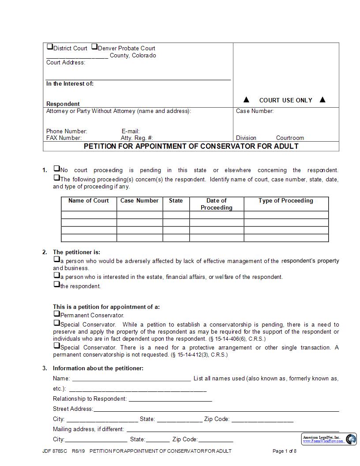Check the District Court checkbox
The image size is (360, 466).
coord(49,47)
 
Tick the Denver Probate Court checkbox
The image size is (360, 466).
coord(94,47)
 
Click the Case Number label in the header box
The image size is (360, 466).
coord(255,111)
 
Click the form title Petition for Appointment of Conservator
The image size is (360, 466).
coord(191,146)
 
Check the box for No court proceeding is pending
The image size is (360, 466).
coord(56,169)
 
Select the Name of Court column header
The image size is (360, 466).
coord(89,201)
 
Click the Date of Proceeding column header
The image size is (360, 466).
coord(216,204)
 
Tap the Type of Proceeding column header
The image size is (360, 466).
coord(285,201)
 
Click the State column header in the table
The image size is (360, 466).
coord(176,201)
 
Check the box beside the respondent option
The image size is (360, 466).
coord(56,285)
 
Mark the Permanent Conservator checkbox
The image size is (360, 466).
coord(56,314)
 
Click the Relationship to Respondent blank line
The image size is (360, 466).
coord(170,399)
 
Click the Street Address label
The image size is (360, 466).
coord(73,409)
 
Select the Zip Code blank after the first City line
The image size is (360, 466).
coord(262,419)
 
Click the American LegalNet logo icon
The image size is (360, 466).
coord(351,439)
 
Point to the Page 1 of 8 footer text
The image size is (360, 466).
coord(285,451)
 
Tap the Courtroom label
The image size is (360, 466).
coord(290,138)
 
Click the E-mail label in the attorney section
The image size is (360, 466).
coord(131,132)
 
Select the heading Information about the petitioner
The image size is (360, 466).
coord(98,368)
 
